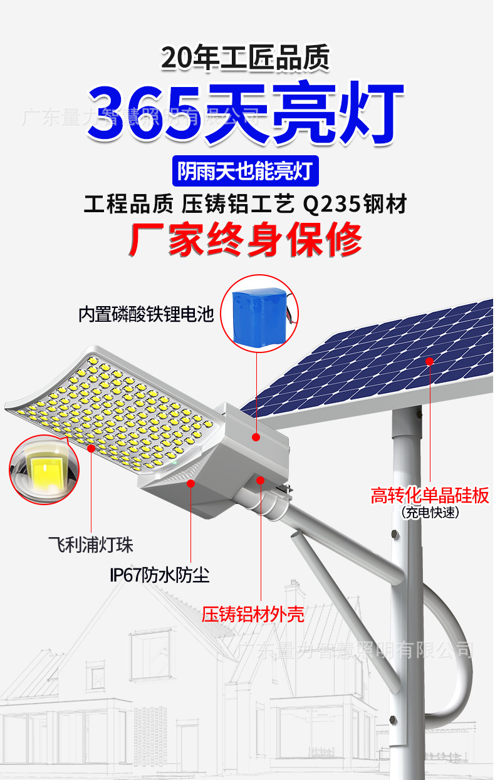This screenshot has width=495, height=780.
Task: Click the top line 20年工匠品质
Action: (x=245, y=59)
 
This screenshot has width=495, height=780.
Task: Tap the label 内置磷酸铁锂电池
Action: (x=146, y=314)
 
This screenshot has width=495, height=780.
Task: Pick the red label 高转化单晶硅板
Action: (x=429, y=496)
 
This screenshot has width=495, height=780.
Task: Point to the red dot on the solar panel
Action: (x=430, y=361)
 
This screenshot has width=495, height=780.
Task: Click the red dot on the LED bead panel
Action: (x=91, y=448)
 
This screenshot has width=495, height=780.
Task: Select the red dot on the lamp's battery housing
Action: (x=256, y=436)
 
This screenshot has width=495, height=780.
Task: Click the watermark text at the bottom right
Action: (x=357, y=650)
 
